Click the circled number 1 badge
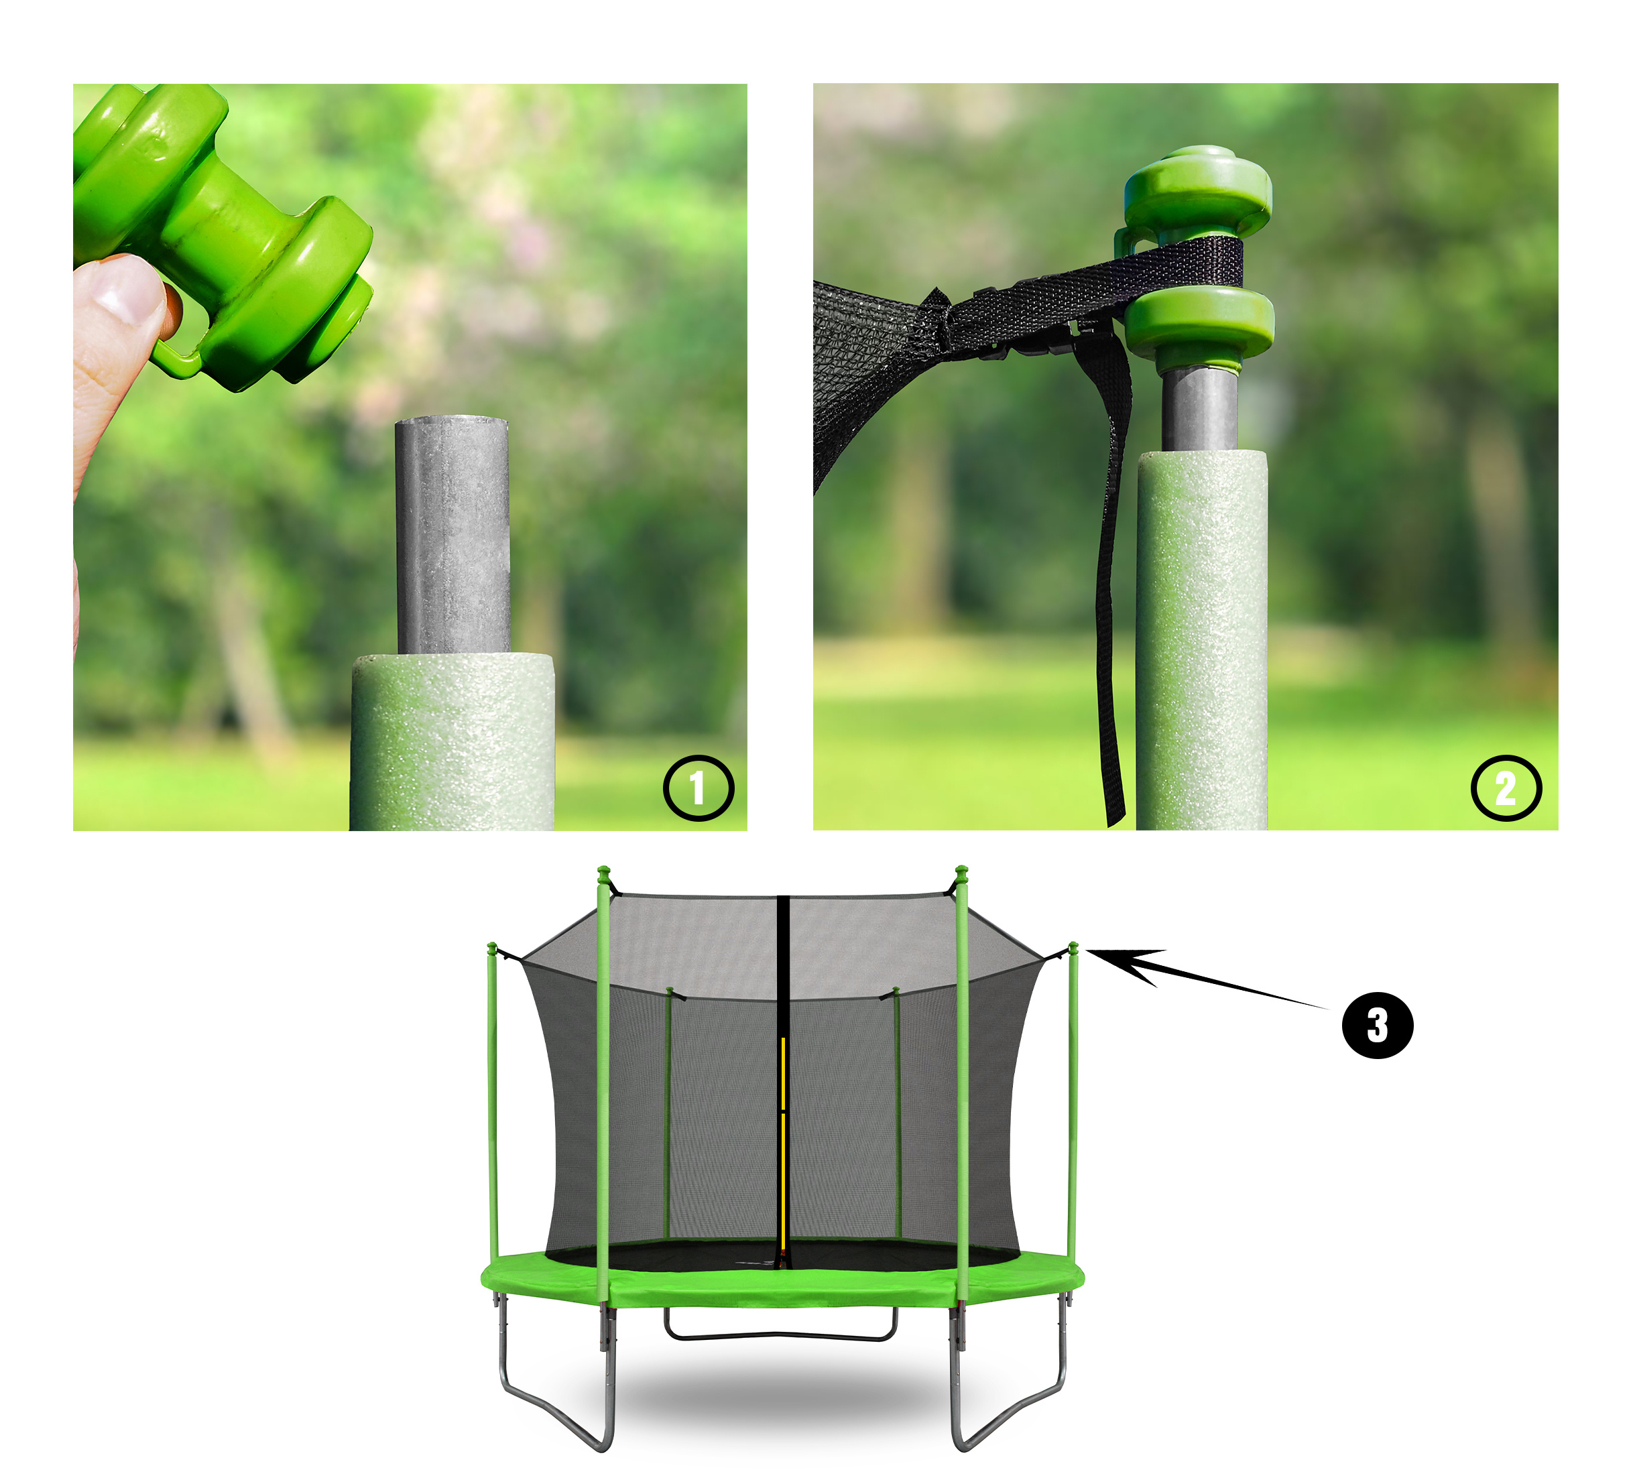coord(699,788)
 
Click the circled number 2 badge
coord(1506,788)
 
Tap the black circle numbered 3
coord(1378,1026)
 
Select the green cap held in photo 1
coord(219,235)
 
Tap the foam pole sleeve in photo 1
coord(452,743)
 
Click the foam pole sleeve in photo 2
coord(1201,639)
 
